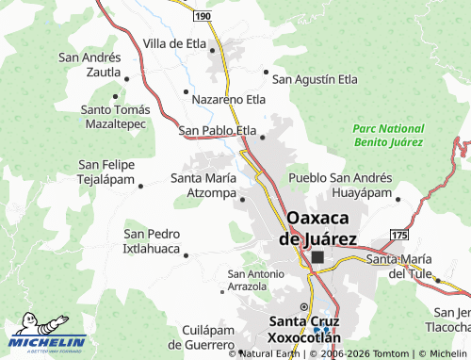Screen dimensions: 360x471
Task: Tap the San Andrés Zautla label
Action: click(89, 64)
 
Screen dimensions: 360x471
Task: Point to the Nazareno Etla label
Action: click(228, 98)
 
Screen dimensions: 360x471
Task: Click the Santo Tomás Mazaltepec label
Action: click(114, 116)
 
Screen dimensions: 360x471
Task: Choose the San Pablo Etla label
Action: click(218, 131)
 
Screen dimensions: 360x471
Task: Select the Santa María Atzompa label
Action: click(202, 185)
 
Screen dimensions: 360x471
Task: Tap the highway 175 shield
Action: click(399, 234)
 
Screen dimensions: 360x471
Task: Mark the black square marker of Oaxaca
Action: click(317, 256)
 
